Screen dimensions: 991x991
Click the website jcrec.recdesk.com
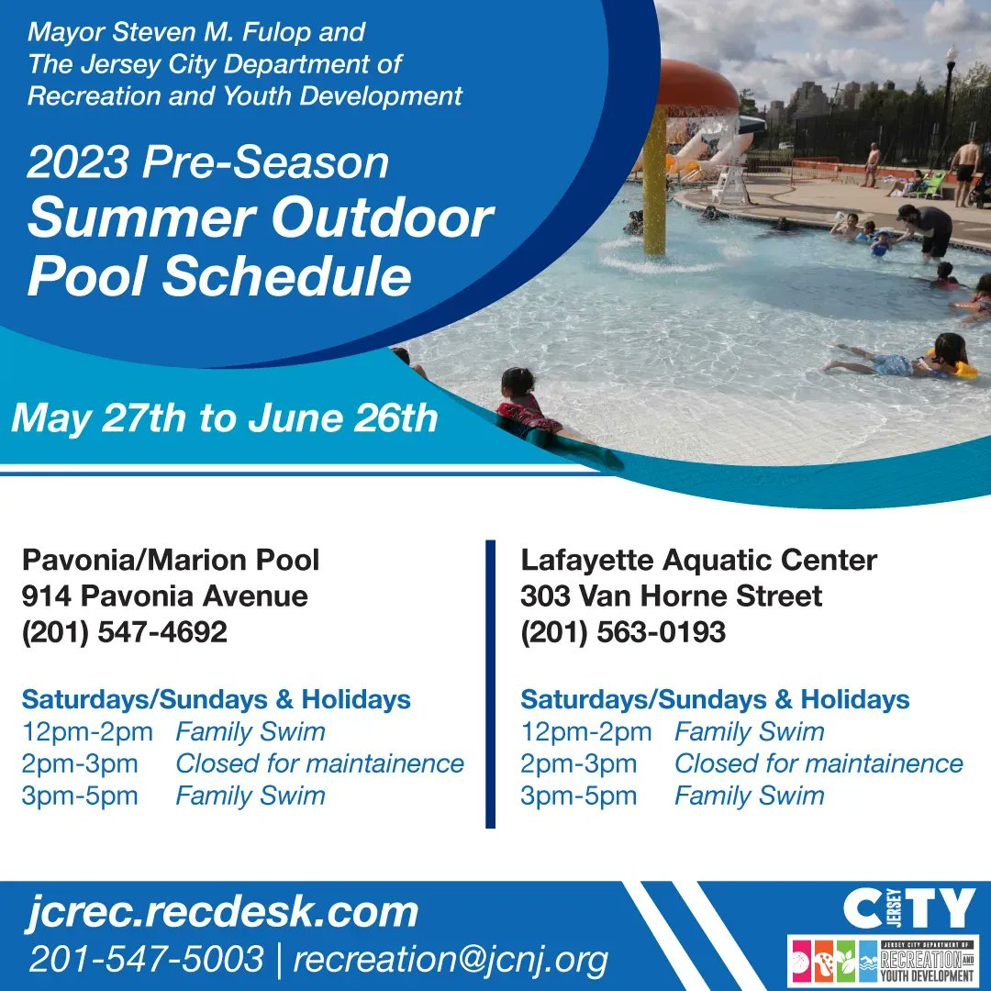click(x=222, y=913)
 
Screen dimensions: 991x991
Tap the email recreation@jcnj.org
click(x=451, y=960)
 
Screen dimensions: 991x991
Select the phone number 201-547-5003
click(x=146, y=959)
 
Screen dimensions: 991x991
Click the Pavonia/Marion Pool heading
click(x=171, y=560)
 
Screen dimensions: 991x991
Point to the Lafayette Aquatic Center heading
click(x=699, y=560)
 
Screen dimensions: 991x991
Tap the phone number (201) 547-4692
click(x=125, y=632)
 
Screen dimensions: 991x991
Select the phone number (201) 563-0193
click(x=623, y=632)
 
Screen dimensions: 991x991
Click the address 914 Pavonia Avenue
click(x=165, y=596)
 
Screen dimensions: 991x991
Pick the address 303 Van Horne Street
click(x=671, y=596)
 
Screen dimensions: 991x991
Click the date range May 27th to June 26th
click(x=225, y=418)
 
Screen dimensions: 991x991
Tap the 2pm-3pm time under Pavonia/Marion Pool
click(x=80, y=763)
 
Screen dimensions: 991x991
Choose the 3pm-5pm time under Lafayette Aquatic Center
click(x=579, y=796)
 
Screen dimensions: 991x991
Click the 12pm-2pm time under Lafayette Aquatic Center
click(x=585, y=732)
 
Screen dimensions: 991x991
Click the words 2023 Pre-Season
click(x=208, y=162)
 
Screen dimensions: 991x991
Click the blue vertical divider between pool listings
click(x=490, y=684)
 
